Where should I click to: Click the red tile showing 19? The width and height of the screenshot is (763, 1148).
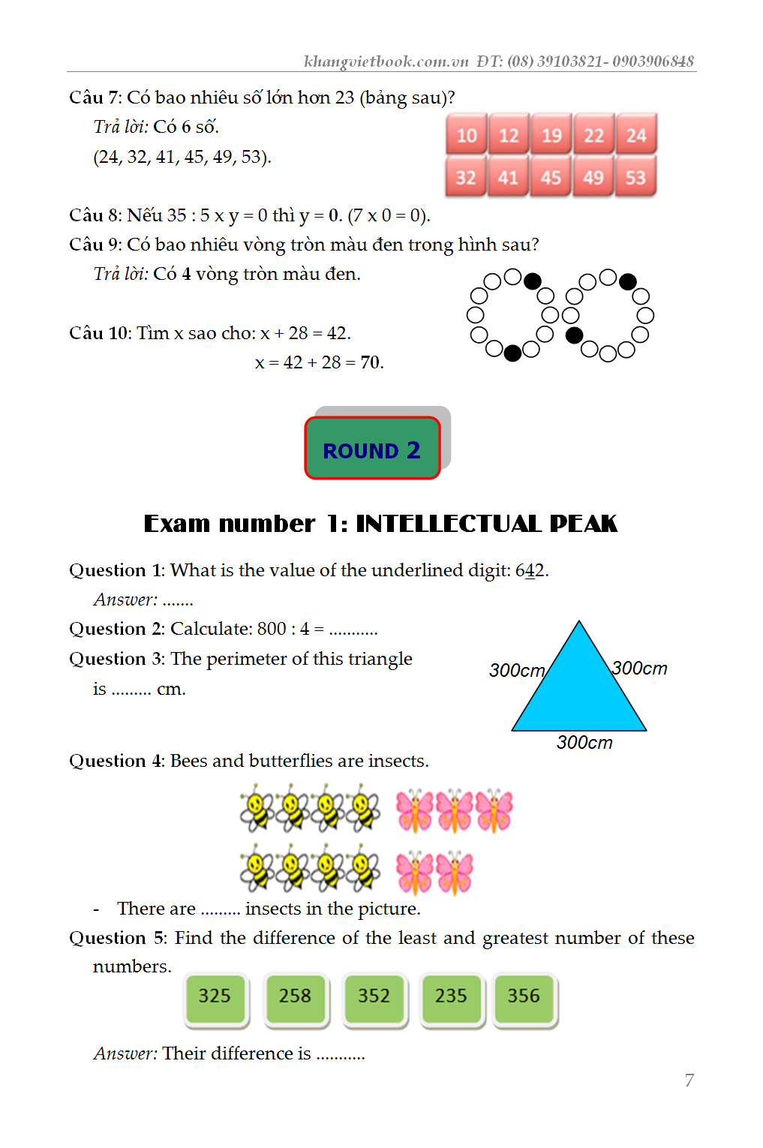pos(551,135)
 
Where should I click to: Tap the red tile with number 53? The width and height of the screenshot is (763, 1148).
pos(635,178)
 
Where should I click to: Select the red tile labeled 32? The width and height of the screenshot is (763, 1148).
pos(466,178)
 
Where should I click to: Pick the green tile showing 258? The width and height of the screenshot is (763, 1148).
pos(295,996)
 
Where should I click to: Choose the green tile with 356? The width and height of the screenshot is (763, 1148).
pos(524,996)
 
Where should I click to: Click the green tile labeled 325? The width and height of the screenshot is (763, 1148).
pos(215,996)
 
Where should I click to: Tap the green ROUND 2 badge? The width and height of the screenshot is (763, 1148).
pos(372,449)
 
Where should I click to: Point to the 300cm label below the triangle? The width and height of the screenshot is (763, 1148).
pos(584,743)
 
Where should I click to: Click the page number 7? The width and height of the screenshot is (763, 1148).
pos(689,1080)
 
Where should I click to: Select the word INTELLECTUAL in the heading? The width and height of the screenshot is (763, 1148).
pos(448,524)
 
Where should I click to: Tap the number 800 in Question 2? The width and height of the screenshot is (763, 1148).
pos(272,629)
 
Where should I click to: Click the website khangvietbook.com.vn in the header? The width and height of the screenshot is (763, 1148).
pos(386,62)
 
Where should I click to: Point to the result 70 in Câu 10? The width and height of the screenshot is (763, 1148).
pos(371,362)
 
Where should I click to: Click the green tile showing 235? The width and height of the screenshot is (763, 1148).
pos(451,996)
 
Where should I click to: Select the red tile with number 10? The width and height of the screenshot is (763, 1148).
pos(467,135)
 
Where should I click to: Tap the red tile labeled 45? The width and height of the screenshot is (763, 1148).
pos(551,178)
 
